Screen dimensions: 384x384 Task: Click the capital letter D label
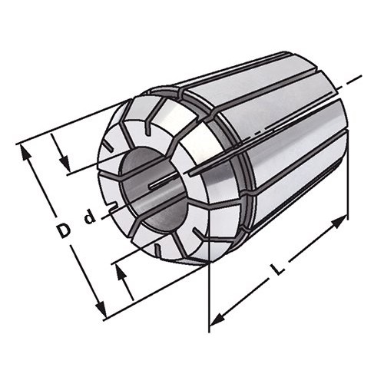tap(63, 230)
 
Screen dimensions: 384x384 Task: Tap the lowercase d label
tap(90, 217)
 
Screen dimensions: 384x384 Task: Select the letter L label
tap(278, 269)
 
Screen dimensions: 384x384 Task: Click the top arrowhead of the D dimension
tap(25, 152)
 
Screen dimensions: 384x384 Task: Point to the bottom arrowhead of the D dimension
tap(101, 308)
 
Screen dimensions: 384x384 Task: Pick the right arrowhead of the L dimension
tap(340, 222)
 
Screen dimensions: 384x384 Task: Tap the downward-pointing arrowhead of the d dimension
tap(65, 164)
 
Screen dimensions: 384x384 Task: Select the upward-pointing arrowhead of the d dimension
tap(122, 272)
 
